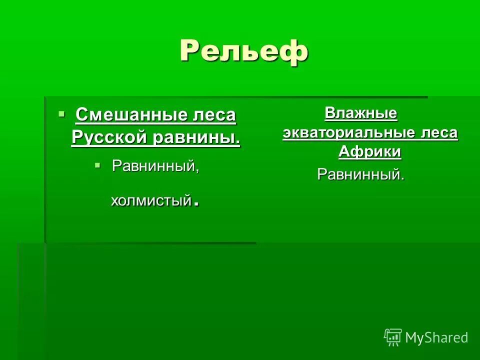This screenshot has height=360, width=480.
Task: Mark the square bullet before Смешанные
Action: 61,114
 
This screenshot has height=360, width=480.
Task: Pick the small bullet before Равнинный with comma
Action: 98,164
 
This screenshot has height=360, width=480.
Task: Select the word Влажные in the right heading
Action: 360,113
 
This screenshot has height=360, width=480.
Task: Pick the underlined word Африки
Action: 369,151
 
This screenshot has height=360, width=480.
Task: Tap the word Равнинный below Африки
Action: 360,174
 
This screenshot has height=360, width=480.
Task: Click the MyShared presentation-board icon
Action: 392,337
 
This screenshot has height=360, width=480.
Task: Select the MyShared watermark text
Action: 436,337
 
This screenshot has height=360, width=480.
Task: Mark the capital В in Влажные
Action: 329,113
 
